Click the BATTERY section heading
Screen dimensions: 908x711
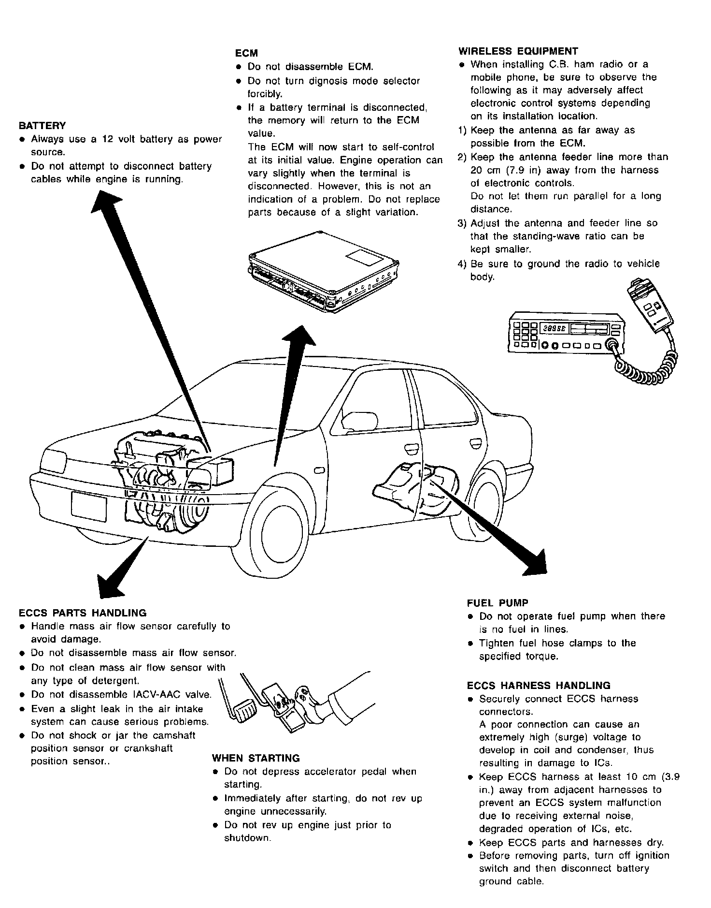coord(42,126)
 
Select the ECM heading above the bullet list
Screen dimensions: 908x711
coord(246,53)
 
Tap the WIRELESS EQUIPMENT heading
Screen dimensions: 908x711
coord(518,51)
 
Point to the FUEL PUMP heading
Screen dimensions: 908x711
coord(498,603)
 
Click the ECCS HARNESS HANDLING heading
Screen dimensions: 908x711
coord(539,686)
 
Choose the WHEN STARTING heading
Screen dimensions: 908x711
coord(256,758)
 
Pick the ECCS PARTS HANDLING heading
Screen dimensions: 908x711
coord(83,613)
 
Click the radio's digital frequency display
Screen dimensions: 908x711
coord(555,328)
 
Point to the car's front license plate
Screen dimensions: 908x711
coord(89,506)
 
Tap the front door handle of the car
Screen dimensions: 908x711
coord(412,449)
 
